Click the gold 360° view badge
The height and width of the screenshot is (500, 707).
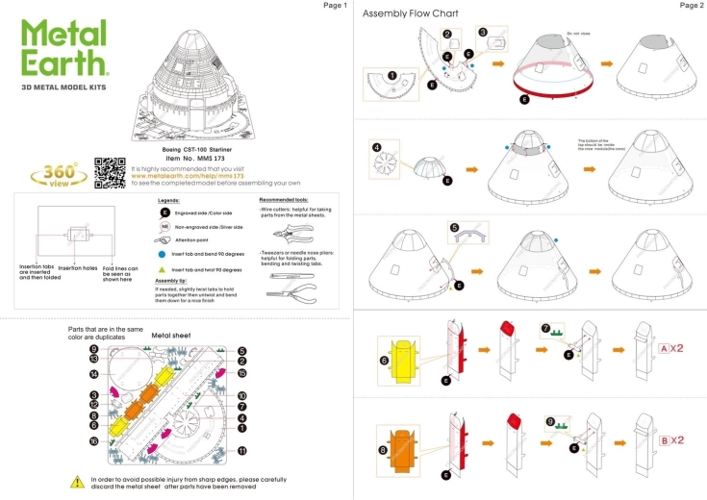(x=47, y=175)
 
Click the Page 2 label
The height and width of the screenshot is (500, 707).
(x=692, y=6)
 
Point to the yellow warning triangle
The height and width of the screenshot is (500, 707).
(x=77, y=481)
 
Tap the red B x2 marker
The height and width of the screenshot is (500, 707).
(x=670, y=440)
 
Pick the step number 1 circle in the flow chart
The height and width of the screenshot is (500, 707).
(x=391, y=74)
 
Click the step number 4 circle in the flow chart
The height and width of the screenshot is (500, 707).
(x=376, y=147)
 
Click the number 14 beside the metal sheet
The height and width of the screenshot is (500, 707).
(x=94, y=373)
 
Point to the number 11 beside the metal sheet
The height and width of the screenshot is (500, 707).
(x=242, y=449)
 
